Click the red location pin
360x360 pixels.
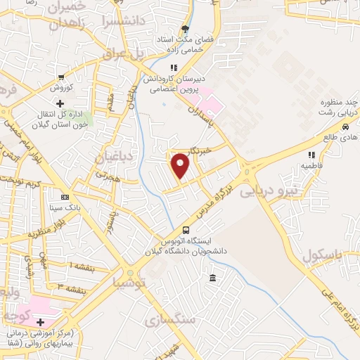pyautogui.click(x=181, y=166)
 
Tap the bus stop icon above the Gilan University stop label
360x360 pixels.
pyautogui.click(x=186, y=230)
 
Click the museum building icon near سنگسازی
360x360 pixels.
pyautogui.click(x=212, y=280)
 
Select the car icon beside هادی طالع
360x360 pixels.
pyautogui.click(x=345, y=127)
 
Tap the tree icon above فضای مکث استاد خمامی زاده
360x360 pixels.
pyautogui.click(x=186, y=30)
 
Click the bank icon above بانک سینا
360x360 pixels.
pyautogui.click(x=65, y=197)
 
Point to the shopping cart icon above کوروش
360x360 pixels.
pyautogui.click(x=62, y=77)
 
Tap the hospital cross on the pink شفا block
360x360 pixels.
pyautogui.click(x=41, y=321)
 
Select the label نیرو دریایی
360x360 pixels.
pyautogui.click(x=269, y=190)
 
